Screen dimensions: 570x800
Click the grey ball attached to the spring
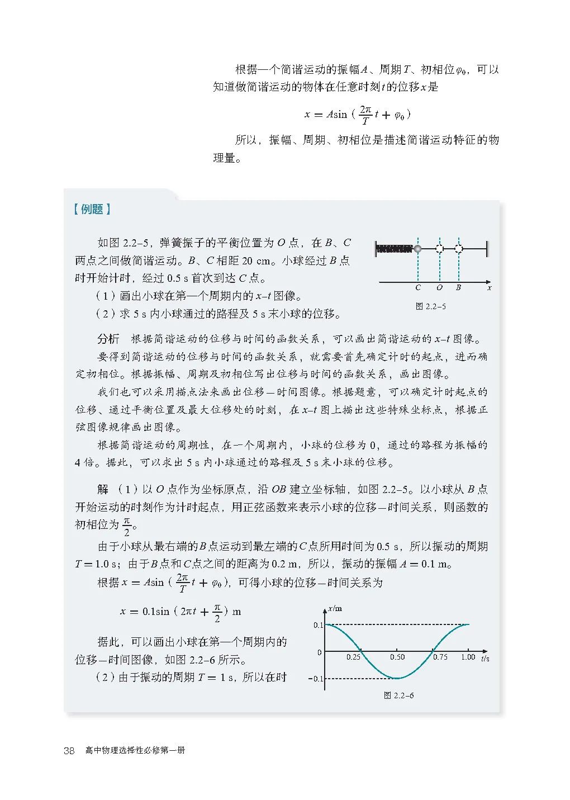point(417,248)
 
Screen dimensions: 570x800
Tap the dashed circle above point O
point(440,248)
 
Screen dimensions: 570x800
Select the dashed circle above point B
point(459,248)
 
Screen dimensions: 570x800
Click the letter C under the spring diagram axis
point(417,288)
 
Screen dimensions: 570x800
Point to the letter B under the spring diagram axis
point(458,288)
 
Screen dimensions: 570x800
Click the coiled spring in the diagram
point(395,248)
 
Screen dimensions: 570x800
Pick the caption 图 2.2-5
point(430,306)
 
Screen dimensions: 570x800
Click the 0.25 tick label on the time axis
point(353,657)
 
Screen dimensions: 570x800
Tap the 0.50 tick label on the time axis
point(397,657)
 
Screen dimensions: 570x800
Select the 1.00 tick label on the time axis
point(468,657)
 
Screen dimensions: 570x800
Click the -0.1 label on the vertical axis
point(316,679)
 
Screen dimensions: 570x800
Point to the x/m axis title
point(335,609)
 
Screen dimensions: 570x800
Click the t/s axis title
point(485,659)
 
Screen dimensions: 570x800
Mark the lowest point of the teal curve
point(397,678)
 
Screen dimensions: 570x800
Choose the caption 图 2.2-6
point(398,695)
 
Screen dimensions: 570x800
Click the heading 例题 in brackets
point(92,210)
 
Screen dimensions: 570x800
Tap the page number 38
point(69,751)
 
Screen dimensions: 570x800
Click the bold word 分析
point(108,339)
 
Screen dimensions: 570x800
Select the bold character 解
point(103,489)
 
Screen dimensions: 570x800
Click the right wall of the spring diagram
point(486,248)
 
